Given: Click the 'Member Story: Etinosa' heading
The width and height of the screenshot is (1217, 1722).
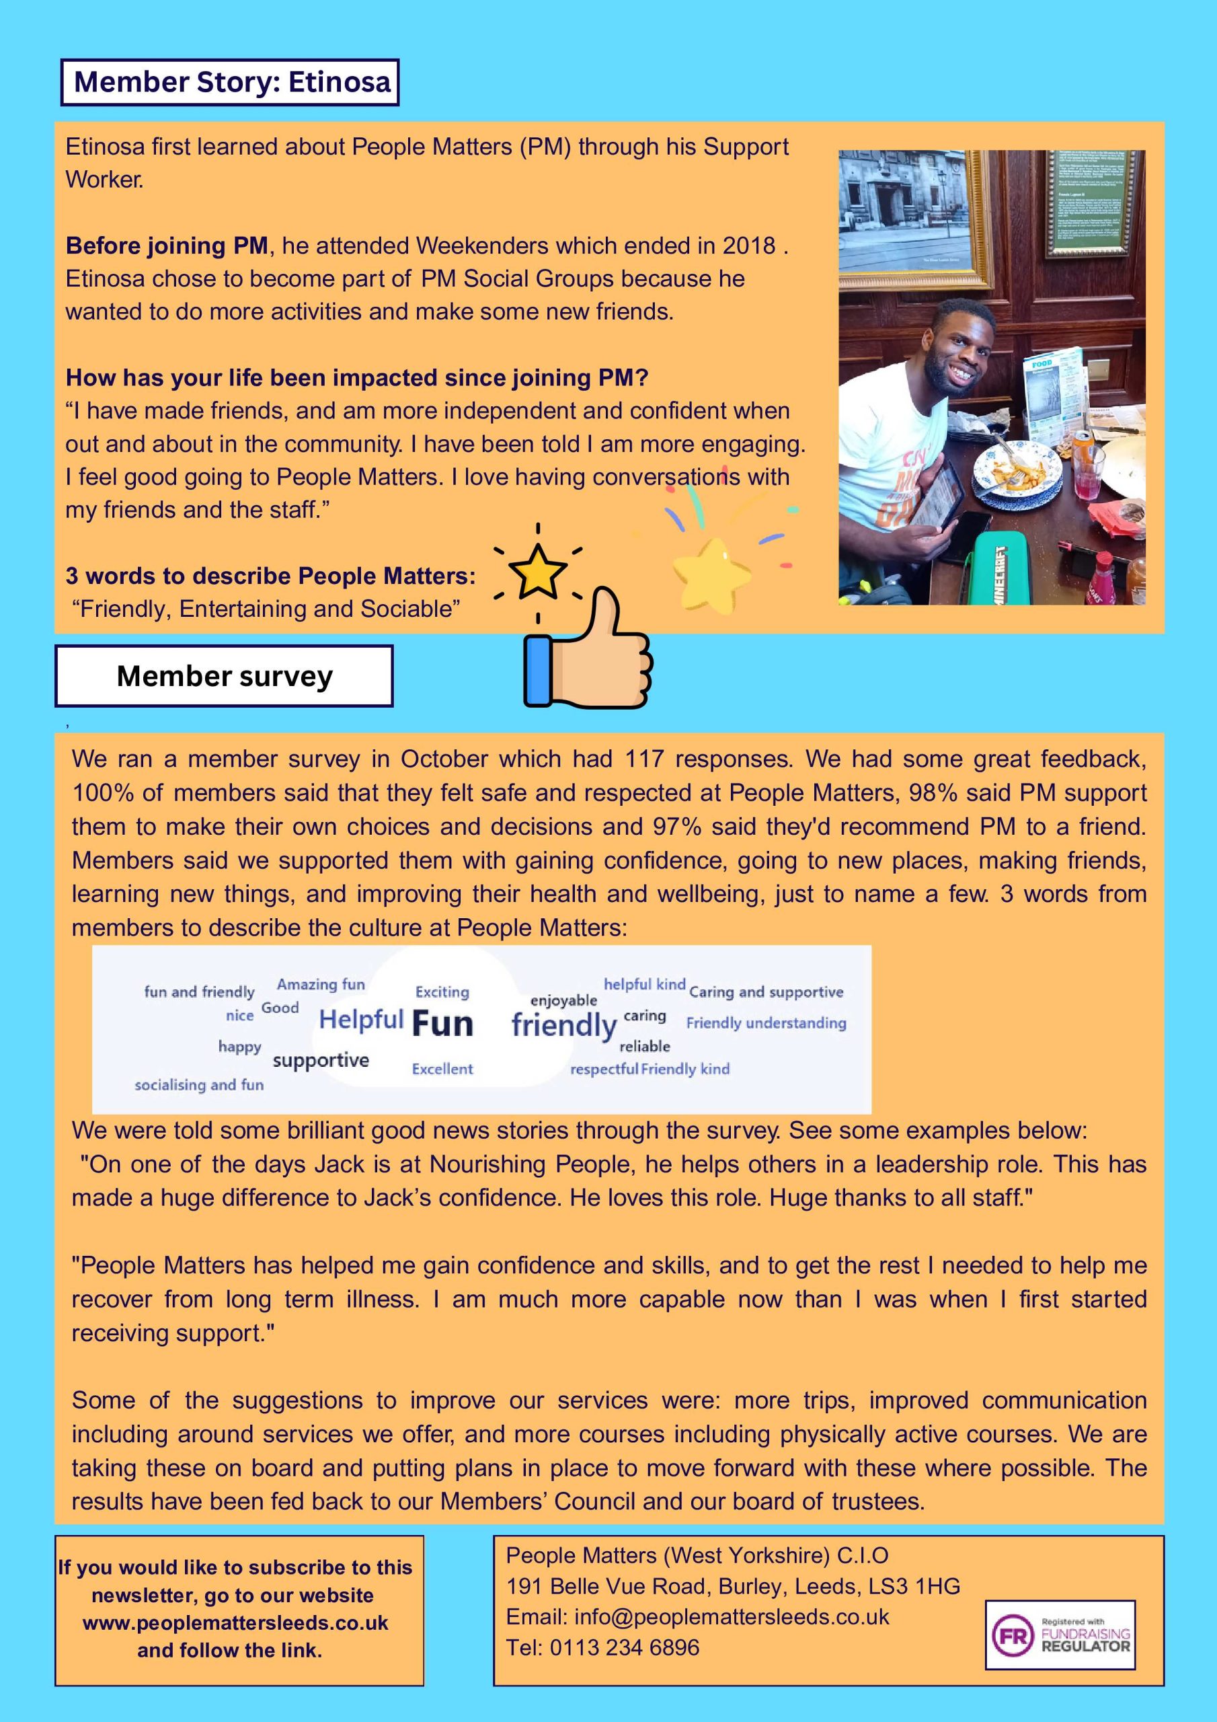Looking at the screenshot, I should (230, 82).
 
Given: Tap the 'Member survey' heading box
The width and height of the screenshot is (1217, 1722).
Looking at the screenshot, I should (224, 676).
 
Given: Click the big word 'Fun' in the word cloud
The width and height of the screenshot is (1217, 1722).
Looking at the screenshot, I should (442, 1024).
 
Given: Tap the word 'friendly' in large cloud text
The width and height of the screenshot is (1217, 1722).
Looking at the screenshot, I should (564, 1024).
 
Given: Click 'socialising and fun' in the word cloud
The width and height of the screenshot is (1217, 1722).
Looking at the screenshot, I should (200, 1084).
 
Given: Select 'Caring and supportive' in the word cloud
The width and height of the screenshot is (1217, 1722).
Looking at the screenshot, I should (766, 991).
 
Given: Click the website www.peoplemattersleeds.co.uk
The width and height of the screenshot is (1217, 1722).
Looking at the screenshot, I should (235, 1623).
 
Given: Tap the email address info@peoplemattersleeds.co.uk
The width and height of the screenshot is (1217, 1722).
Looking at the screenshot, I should (731, 1616).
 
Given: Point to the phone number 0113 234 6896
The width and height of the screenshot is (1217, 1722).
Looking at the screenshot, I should (624, 1648).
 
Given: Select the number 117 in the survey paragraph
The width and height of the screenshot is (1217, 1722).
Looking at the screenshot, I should (644, 759).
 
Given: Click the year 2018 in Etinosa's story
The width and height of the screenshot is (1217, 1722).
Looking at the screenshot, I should (748, 246).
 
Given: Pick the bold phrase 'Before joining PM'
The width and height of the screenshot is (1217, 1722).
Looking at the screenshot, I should (167, 246).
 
